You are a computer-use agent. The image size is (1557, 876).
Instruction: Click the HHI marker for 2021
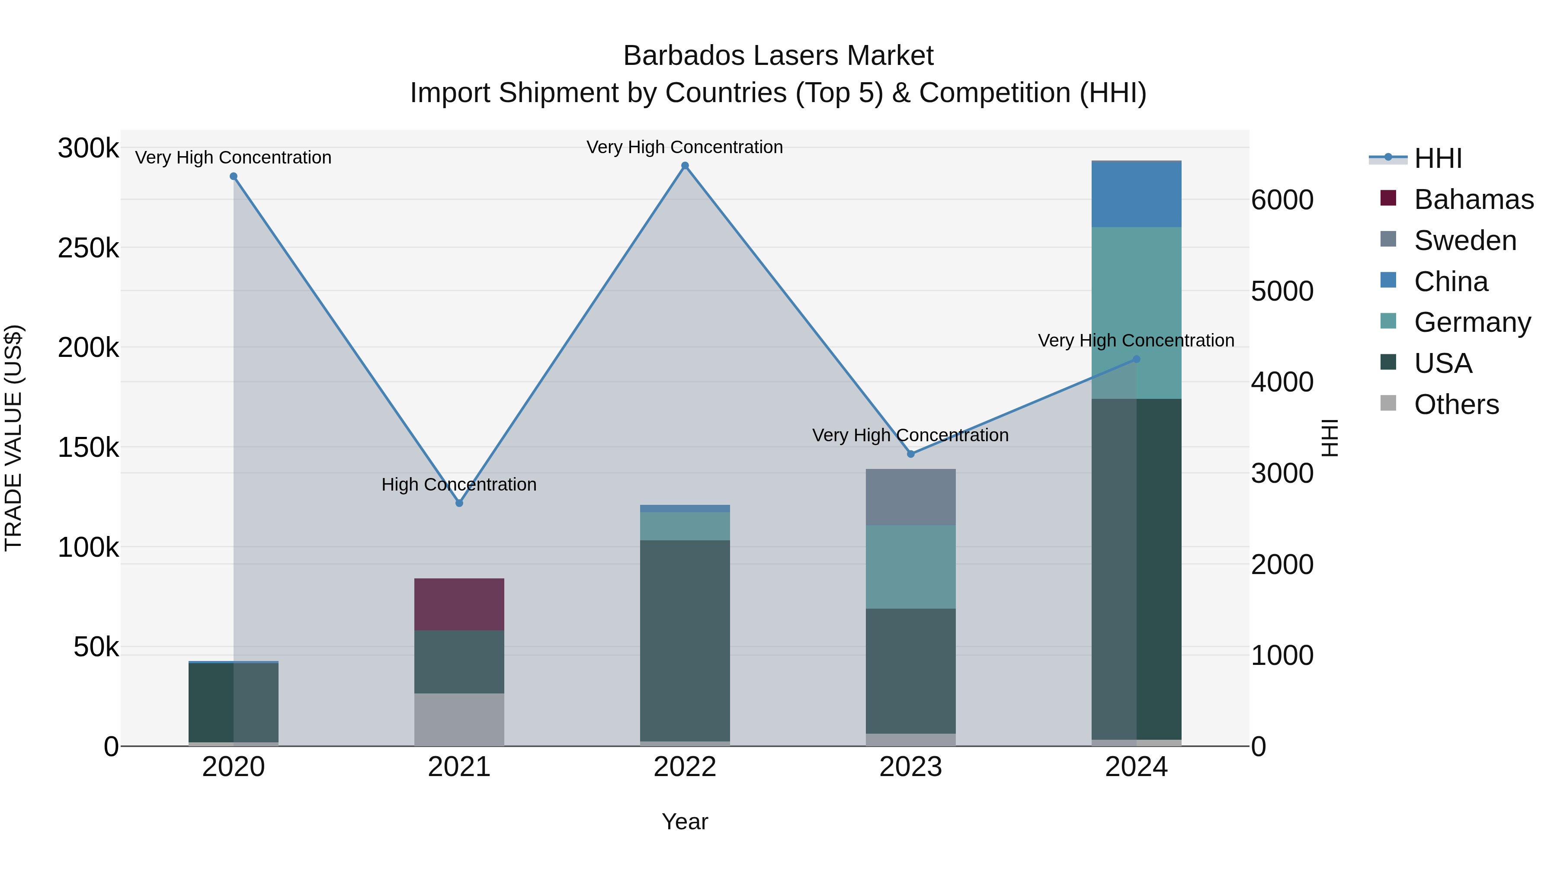[459, 503]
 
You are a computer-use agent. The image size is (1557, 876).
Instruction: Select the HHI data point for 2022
[685, 166]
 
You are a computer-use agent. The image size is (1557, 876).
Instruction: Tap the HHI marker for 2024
[1136, 359]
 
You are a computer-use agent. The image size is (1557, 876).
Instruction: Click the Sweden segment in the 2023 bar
[910, 497]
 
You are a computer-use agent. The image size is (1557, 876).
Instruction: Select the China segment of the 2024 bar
[1136, 195]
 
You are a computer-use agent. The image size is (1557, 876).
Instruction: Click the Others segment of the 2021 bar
[459, 719]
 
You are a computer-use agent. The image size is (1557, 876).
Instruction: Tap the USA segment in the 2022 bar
[685, 640]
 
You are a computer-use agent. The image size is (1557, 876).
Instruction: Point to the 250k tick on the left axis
[88, 248]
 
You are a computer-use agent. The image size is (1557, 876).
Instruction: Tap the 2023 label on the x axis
[910, 767]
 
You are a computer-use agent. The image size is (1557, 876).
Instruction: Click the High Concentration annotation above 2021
[459, 484]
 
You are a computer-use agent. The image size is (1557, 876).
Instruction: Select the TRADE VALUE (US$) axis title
[13, 438]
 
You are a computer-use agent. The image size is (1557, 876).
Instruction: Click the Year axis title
[685, 821]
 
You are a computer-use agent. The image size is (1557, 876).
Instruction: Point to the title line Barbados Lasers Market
[778, 56]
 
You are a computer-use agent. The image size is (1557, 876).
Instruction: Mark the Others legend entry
[1456, 404]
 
